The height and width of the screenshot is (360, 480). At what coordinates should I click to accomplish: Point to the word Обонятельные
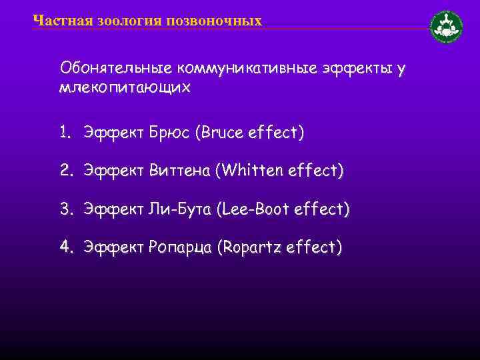point(115,68)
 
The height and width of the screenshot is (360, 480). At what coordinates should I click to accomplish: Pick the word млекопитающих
point(125,88)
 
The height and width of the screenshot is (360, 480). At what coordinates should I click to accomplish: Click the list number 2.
point(65,171)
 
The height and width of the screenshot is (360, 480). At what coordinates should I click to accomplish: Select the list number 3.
point(65,209)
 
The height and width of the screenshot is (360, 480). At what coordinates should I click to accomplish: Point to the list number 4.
point(65,247)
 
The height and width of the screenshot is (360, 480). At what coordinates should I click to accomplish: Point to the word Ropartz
point(250,248)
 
